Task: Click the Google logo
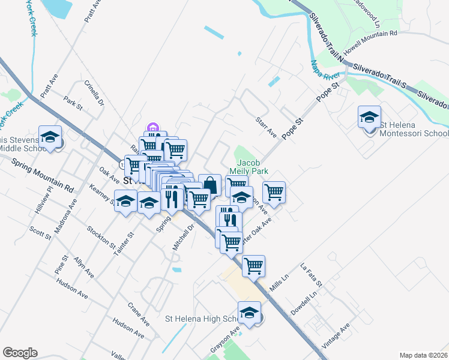click(20, 353)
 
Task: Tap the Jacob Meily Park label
click(252, 167)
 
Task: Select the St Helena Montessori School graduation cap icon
click(369, 116)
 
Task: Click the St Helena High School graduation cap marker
click(249, 312)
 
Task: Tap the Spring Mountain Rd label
click(45, 175)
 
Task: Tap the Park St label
click(73, 103)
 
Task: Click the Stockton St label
click(100, 237)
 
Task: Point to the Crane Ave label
click(138, 312)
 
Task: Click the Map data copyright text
click(423, 355)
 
